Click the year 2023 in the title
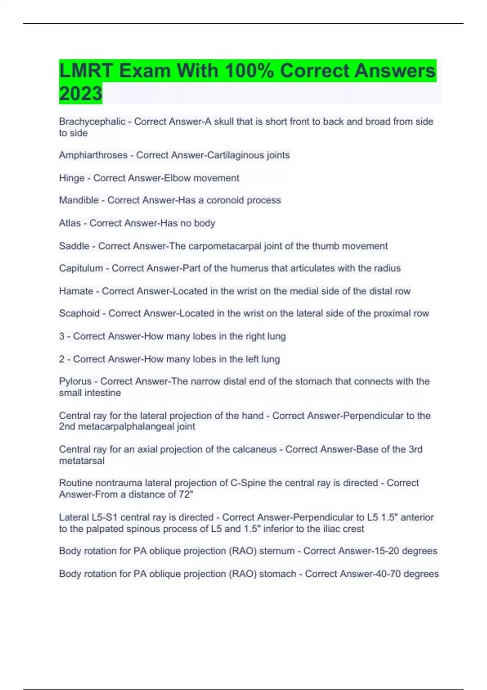tap(80, 93)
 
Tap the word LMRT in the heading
tap(86, 71)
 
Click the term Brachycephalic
tap(92, 122)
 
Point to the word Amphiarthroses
tap(93, 155)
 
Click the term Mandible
tap(79, 201)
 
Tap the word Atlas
tap(69, 223)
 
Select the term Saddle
tap(74, 246)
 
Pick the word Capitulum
tap(81, 268)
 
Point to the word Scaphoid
tap(79, 313)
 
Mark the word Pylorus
tap(75, 382)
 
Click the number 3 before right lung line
tap(62, 336)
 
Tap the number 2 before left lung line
tap(62, 359)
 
